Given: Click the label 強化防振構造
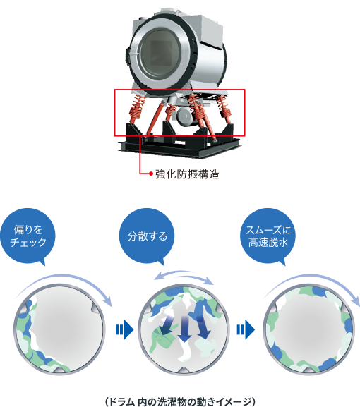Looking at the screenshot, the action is pyautogui.click(x=187, y=174).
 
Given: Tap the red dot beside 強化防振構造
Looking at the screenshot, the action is pyautogui.click(x=151, y=174).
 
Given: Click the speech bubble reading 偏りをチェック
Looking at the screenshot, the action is pyautogui.click(x=28, y=236).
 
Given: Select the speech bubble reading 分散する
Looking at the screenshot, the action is pyautogui.click(x=147, y=236).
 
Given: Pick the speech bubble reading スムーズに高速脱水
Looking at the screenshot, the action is pyautogui.click(x=268, y=236).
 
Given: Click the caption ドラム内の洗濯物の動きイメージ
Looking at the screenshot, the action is pyautogui.click(x=180, y=401).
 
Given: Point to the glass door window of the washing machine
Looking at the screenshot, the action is pyautogui.click(x=159, y=54).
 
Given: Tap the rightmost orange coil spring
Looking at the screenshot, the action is pyautogui.click(x=224, y=109).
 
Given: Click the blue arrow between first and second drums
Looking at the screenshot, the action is pyautogui.click(x=124, y=330).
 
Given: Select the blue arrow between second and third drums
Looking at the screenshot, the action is pyautogui.click(x=246, y=330).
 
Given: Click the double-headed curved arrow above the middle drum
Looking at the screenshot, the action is pyautogui.click(x=184, y=275).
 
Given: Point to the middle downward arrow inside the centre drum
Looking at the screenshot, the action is pyautogui.click(x=184, y=329).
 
